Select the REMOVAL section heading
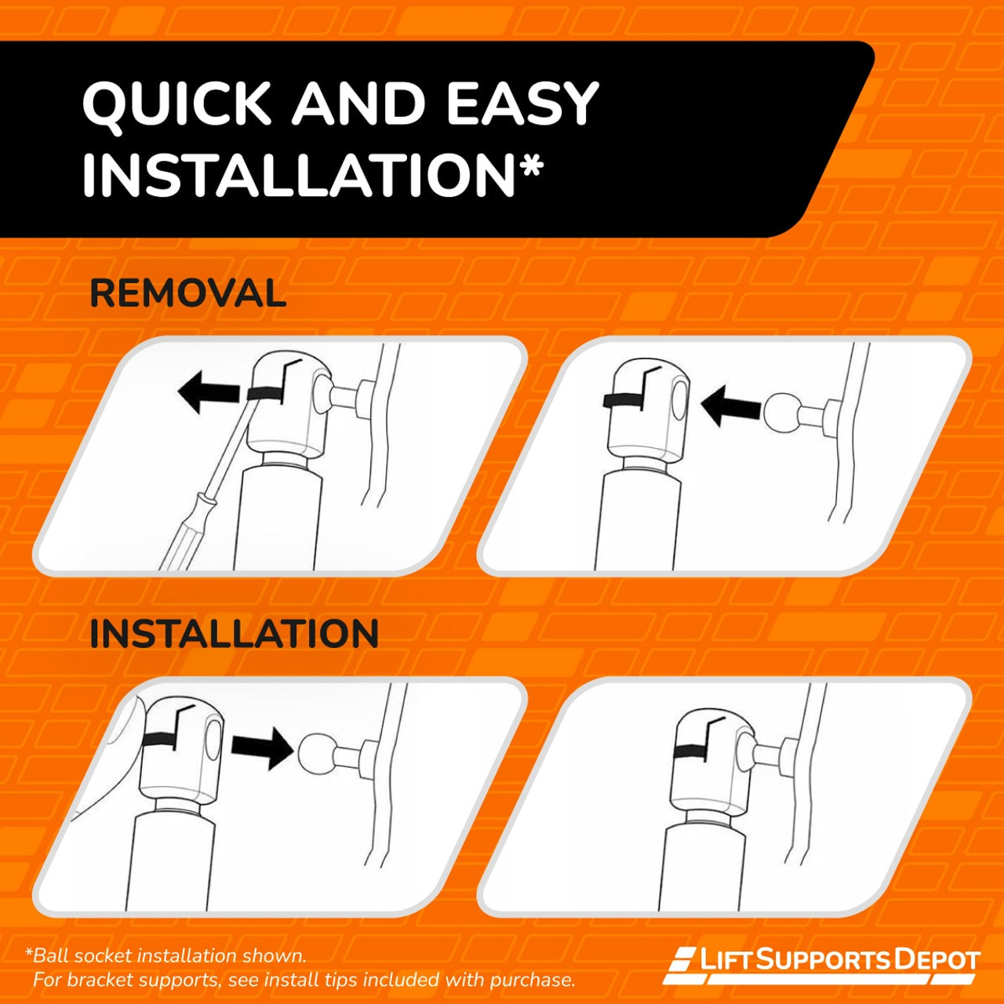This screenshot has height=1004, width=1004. (187, 293)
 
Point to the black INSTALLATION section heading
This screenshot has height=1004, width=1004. (234, 634)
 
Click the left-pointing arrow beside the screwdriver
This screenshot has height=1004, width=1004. (209, 395)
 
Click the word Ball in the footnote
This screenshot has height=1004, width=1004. (52, 955)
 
